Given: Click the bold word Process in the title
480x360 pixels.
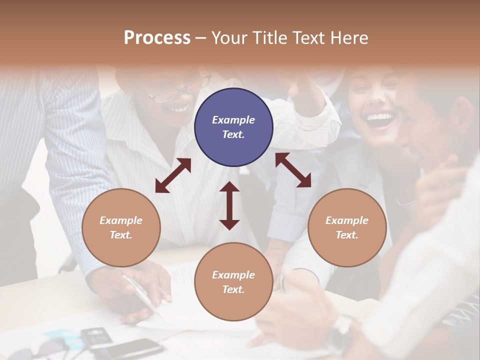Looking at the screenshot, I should [x=157, y=38].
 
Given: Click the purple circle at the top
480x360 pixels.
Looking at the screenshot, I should [x=233, y=127].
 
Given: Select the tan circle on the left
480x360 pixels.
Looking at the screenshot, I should [x=121, y=227].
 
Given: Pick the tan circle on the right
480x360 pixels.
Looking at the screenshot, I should [x=347, y=227].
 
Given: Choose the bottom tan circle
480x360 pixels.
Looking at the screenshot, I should [x=233, y=281].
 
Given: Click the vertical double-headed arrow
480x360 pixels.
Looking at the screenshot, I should [x=229, y=205].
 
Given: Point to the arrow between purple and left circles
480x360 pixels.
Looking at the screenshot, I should [x=173, y=175].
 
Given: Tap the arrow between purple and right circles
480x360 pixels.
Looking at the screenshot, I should [x=293, y=170].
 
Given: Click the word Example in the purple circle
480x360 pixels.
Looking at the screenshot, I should [x=233, y=120].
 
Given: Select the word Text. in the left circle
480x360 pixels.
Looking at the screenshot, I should [x=121, y=235].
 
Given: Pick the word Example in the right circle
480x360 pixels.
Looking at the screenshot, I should [x=347, y=220].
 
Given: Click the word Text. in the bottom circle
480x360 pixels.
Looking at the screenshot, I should [x=233, y=289].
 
